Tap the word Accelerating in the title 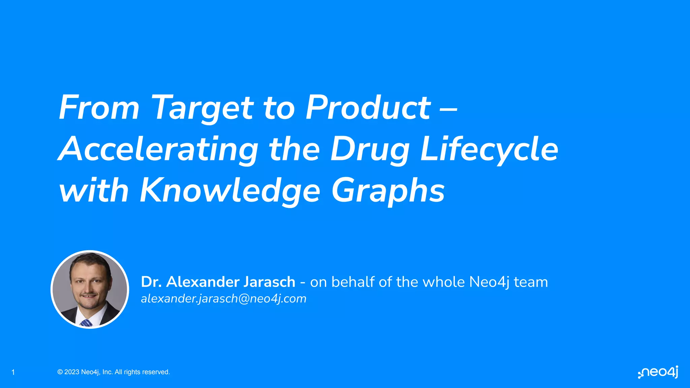(158, 149)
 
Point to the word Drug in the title (369, 149)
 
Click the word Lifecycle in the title (489, 149)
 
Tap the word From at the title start (99, 108)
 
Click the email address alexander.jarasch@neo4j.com (224, 299)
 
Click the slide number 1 (13, 372)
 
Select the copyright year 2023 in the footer (72, 372)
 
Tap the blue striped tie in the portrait (86, 323)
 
